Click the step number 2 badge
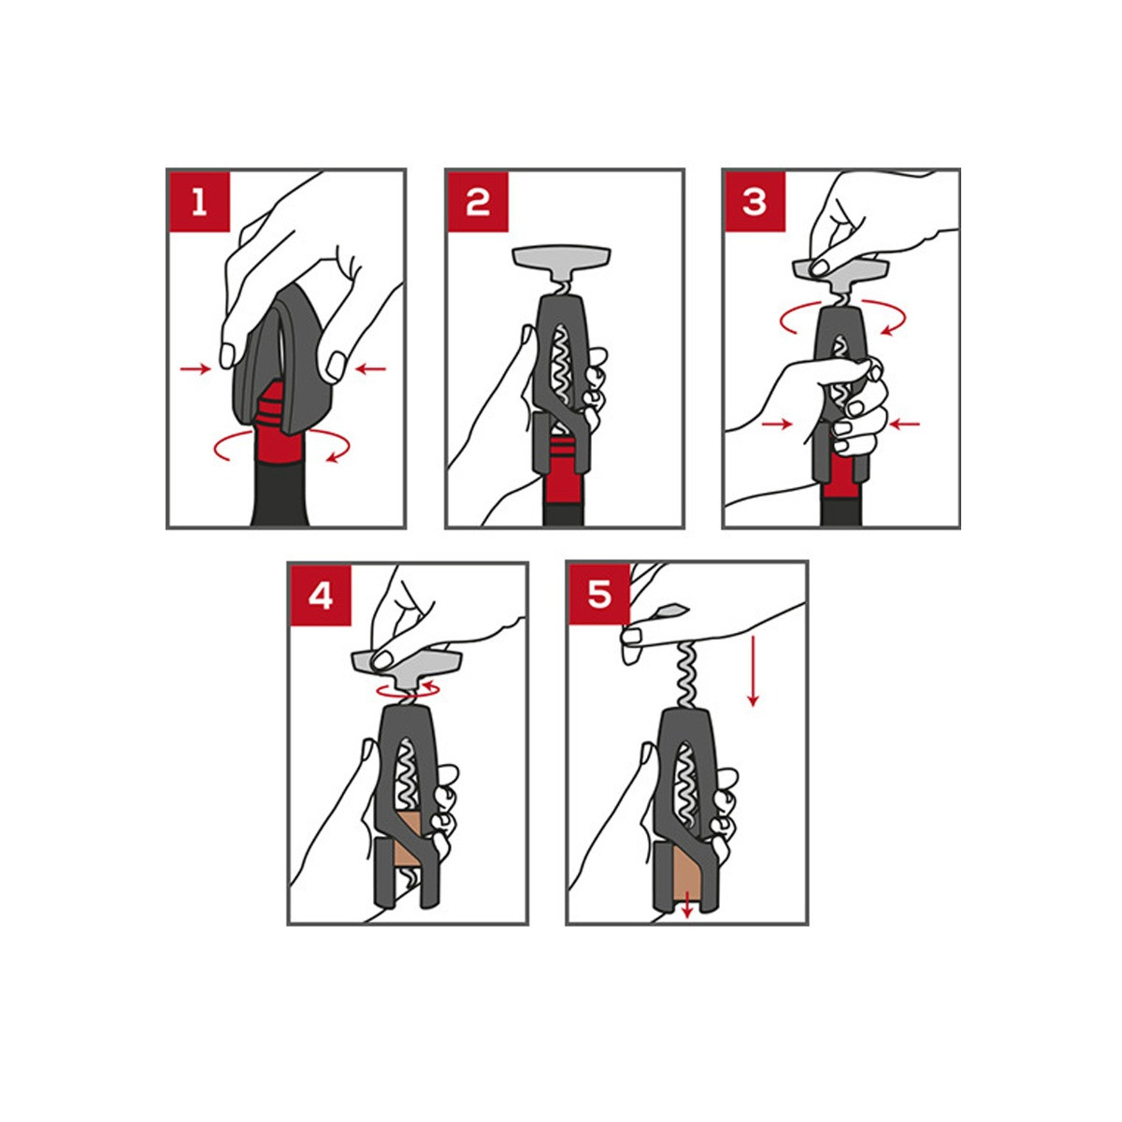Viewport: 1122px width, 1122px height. point(478,202)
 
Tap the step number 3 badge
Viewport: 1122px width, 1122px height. point(755,202)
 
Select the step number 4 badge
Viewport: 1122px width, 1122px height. point(321,596)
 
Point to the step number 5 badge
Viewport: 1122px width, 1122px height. point(599,595)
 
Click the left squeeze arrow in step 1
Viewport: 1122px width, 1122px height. point(195,368)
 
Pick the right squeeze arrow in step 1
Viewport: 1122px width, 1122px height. point(371,368)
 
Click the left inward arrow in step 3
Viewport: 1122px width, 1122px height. point(777,424)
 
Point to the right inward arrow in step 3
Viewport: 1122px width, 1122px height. point(905,424)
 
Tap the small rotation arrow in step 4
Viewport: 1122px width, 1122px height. point(408,690)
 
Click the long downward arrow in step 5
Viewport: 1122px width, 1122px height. point(753,671)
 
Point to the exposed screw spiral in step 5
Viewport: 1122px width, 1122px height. point(689,674)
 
